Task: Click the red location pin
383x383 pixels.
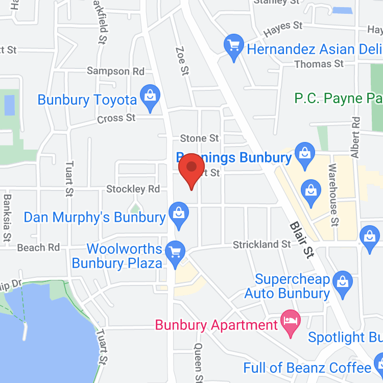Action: [192, 169]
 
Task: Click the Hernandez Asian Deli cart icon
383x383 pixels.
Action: [234, 47]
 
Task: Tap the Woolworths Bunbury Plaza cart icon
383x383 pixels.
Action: [176, 253]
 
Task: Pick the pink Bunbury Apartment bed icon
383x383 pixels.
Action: [291, 323]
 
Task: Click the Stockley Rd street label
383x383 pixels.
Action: [133, 189]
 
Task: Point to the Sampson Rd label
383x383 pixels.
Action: [115, 71]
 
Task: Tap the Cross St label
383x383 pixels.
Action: [116, 118]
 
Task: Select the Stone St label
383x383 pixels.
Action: [199, 138]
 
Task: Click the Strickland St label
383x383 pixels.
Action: [262, 245]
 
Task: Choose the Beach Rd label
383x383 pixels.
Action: [38, 248]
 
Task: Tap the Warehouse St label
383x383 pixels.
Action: [333, 195]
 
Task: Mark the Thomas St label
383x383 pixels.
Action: [320, 64]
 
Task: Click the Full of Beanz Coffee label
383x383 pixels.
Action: [307, 368]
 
